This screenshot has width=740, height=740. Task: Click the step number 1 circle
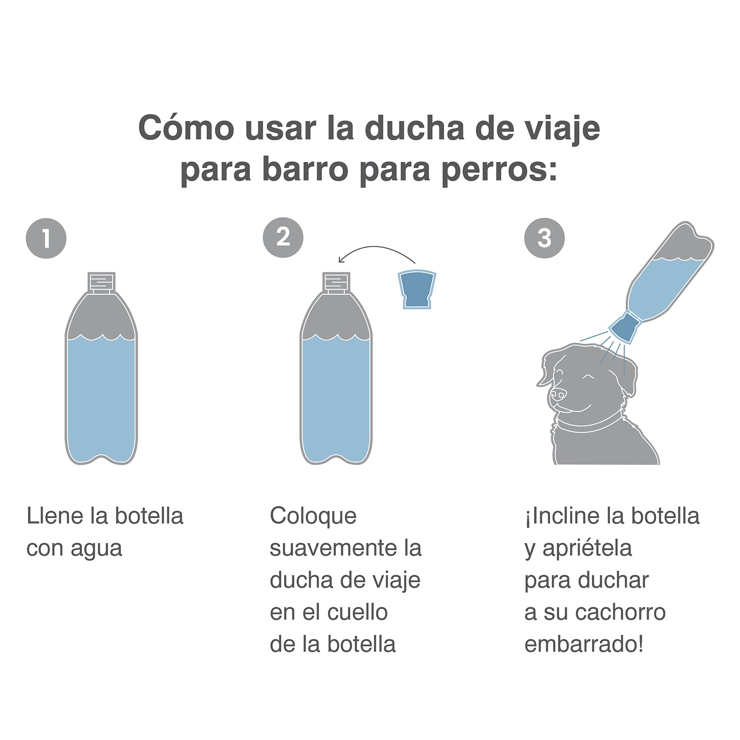click(46, 238)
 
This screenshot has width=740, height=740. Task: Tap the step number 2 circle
click(283, 238)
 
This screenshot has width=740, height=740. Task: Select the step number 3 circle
click(544, 238)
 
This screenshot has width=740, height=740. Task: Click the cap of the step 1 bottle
click(101, 283)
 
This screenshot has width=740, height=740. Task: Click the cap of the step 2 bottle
click(336, 283)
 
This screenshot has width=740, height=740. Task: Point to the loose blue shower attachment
click(417, 289)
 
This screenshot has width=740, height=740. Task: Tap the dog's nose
click(558, 395)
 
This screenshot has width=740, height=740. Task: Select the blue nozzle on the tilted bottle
click(624, 327)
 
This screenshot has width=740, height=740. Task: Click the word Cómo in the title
click(186, 128)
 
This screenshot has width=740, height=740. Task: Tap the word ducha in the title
click(414, 128)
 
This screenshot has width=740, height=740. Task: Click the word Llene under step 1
click(55, 516)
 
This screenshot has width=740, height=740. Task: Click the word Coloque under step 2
click(313, 517)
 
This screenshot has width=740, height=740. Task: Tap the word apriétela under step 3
click(587, 549)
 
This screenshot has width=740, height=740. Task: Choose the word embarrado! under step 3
click(584, 644)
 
